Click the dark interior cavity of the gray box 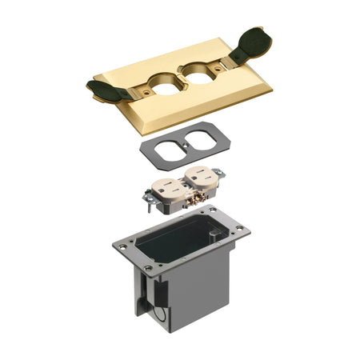click(173, 239)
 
